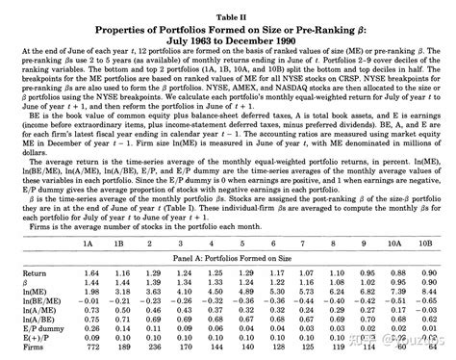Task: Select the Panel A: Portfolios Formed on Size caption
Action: [228, 257]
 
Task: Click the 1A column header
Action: [92, 242]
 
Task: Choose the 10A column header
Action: [396, 242]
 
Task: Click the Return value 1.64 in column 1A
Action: [92, 272]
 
